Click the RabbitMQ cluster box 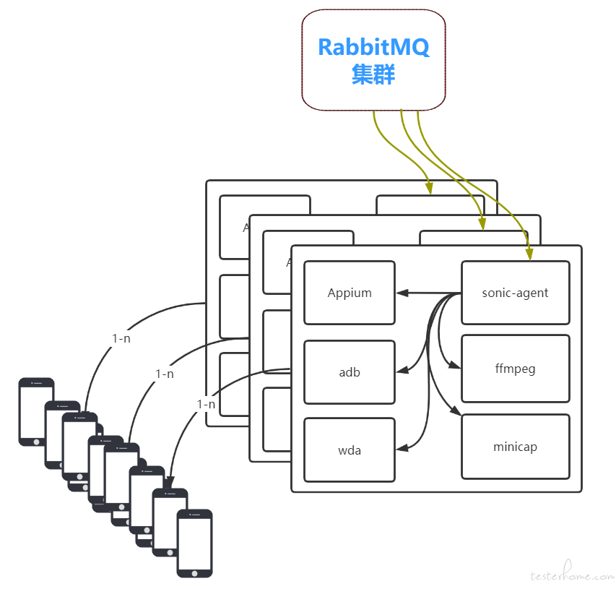373,61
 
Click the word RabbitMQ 373,48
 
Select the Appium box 350,293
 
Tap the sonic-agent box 515,293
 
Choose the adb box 350,372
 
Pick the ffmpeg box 515,369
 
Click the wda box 350,450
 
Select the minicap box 515,447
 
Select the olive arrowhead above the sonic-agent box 529,254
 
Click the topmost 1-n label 121,338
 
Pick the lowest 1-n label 206,404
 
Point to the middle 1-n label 165,374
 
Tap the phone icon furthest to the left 35,411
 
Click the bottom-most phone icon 195,543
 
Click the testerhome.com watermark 571,576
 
